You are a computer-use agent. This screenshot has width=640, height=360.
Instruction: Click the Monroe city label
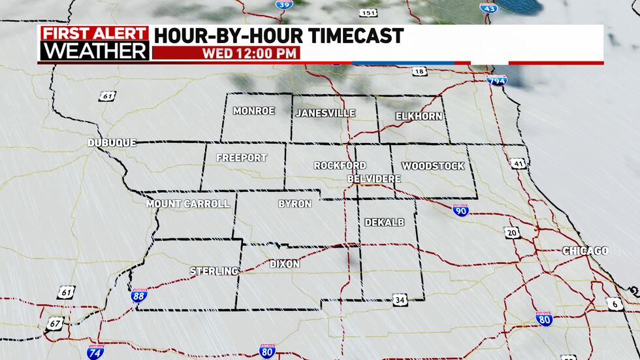click(254, 111)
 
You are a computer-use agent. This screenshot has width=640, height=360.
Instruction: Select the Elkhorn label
click(419, 116)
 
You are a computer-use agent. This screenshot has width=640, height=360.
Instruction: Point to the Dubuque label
click(112, 142)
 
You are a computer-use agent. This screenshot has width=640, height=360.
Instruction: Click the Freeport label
click(242, 158)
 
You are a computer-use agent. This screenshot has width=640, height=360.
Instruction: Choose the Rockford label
click(340, 166)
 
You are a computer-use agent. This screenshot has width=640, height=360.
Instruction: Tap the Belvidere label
click(374, 178)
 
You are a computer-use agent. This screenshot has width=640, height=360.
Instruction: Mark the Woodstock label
click(432, 166)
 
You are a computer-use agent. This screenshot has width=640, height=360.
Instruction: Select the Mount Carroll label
click(188, 204)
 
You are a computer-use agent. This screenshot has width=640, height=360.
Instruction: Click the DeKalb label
click(385, 222)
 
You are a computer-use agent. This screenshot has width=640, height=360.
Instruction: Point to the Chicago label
click(585, 251)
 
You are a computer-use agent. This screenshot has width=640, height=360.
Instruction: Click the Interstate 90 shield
click(460, 210)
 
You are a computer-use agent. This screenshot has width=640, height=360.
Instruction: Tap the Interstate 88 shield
click(139, 296)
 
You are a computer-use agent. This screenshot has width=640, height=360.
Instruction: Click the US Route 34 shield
click(400, 300)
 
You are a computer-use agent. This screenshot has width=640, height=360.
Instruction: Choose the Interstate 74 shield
click(95, 352)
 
